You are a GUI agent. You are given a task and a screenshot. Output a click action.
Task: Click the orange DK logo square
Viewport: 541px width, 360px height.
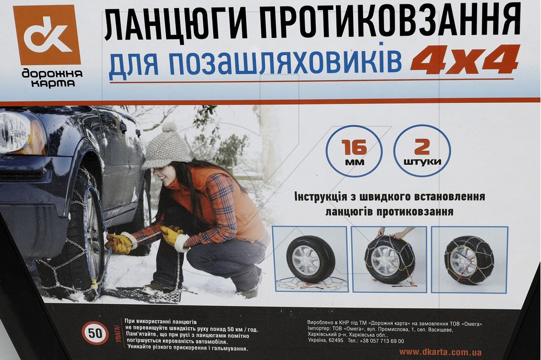pos(47,35)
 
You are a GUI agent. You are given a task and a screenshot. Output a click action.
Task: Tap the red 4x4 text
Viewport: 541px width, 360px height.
pos(465,59)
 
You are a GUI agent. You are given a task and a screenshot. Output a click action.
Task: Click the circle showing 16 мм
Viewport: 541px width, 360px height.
pos(354,151)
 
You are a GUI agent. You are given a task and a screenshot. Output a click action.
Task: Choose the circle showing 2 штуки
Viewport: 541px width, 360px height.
pos(422,151)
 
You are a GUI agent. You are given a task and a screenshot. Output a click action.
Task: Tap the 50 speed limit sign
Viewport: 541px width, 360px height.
pos(95,334)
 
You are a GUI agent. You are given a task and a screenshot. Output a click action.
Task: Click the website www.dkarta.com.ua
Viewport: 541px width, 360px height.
pos(440,352)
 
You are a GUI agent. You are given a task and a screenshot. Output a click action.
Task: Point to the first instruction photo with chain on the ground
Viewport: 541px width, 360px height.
pos(310,259)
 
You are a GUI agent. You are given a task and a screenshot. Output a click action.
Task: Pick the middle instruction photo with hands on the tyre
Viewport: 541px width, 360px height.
pos(389,259)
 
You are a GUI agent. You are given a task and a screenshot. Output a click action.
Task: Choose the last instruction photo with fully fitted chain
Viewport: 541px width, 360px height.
pos(469,259)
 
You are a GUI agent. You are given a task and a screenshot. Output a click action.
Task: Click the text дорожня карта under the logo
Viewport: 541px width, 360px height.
pos(52,78)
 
